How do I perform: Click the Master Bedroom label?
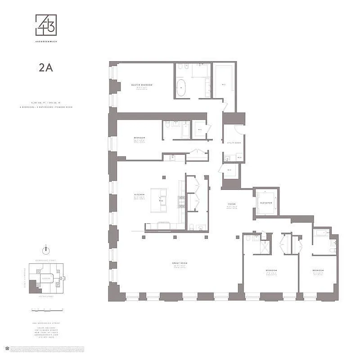142,85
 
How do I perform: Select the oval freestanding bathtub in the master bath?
182,88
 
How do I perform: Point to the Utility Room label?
235,142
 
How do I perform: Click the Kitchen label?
139,195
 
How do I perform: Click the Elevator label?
265,202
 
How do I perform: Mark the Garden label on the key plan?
45,278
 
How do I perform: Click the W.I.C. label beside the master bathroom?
223,84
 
